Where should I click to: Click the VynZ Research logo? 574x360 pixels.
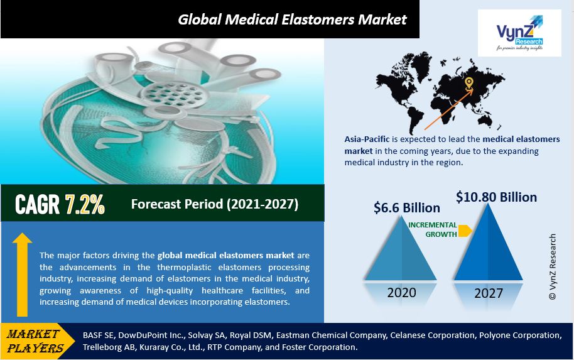click(x=519, y=33)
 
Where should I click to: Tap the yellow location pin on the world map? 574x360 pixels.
click(x=468, y=84)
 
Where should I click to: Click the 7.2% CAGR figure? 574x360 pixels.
click(x=85, y=204)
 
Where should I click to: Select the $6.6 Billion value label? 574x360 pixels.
click(x=407, y=208)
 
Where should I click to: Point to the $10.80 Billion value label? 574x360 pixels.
click(x=496, y=197)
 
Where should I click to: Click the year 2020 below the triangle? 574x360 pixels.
click(x=401, y=293)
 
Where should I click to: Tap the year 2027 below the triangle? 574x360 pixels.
click(x=489, y=293)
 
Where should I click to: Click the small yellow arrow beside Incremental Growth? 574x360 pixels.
click(x=465, y=231)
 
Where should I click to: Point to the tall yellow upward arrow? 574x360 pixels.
click(x=23, y=275)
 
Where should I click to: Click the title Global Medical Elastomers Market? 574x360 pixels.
click(x=292, y=19)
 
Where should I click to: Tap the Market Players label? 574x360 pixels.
click(x=35, y=341)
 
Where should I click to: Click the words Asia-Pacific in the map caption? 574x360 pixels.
click(x=367, y=139)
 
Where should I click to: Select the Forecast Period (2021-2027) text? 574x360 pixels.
click(x=215, y=204)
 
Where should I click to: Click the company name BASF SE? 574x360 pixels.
click(x=98, y=335)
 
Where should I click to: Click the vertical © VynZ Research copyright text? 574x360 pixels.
click(x=553, y=267)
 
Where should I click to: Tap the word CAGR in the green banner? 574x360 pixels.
click(x=37, y=204)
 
